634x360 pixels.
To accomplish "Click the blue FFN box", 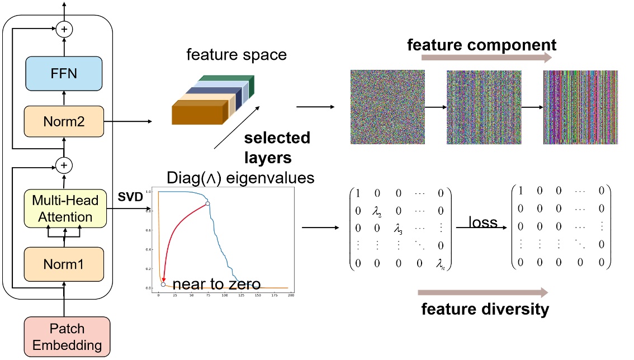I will click(63, 74).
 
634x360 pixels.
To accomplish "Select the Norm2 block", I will click(63, 121).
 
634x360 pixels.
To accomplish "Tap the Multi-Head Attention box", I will click(63, 208).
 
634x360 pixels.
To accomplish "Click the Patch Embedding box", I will click(67, 337).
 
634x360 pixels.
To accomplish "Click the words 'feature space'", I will click(236, 55).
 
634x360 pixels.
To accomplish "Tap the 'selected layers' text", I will click(277, 146).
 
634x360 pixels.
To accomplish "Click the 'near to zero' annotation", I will click(216, 285).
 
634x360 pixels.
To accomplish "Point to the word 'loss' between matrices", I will click(482, 222).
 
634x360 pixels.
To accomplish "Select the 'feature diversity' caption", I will click(485, 309).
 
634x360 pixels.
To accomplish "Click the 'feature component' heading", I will click(481, 45).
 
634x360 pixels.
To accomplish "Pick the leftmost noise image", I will click(387, 107).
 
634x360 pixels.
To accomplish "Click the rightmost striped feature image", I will click(580, 107).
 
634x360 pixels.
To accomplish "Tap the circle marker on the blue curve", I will click(207, 203).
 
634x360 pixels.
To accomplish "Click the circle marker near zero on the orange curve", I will click(163, 285).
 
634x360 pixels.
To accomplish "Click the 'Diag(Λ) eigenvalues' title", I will click(241, 178).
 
